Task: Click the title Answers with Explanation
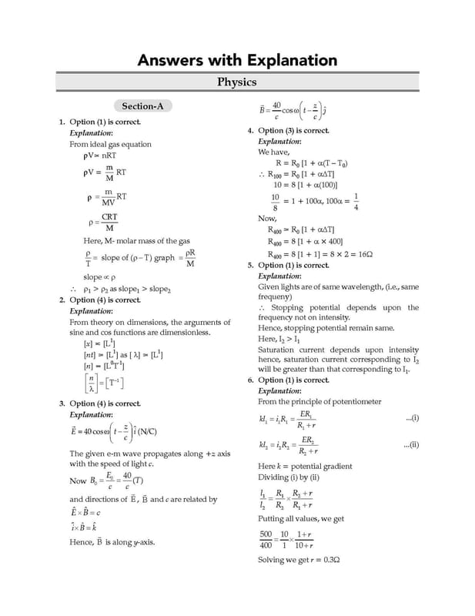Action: tap(237, 60)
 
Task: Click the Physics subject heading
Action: tap(237, 82)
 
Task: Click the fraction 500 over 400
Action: tap(266, 539)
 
